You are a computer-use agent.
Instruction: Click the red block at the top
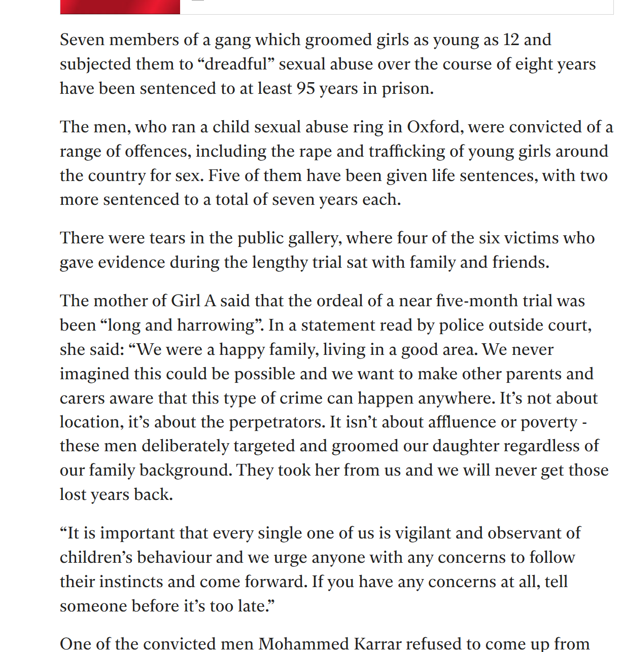coord(120,7)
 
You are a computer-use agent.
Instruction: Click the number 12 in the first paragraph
coord(511,40)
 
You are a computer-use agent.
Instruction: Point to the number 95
coord(306,88)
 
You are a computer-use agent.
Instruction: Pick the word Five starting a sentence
coord(223,175)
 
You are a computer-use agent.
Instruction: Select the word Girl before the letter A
coord(186,301)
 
